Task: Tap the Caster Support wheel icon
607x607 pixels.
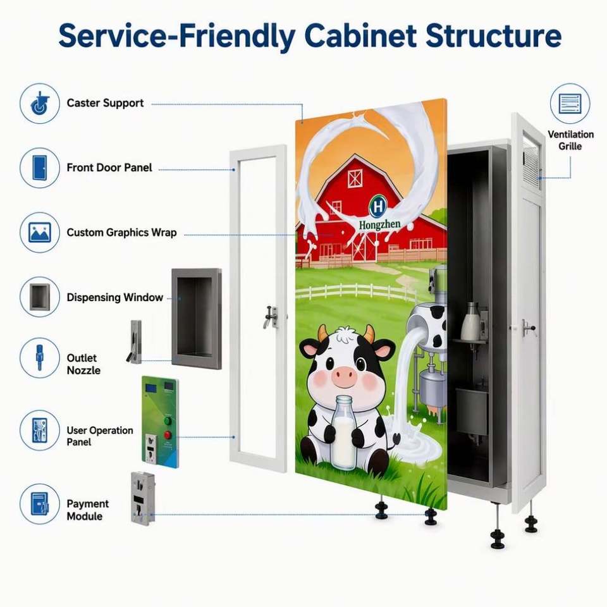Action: point(39,103)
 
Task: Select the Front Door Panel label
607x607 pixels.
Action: point(109,168)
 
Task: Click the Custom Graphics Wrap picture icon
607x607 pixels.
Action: point(39,232)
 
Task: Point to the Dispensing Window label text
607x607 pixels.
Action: point(115,297)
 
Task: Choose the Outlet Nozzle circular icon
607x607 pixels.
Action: point(39,358)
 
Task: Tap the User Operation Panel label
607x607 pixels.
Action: point(100,436)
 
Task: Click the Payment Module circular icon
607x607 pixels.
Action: point(39,504)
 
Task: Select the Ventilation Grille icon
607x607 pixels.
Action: point(570,103)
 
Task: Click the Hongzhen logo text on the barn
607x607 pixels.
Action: point(380,224)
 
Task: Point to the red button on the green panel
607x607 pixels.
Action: point(168,435)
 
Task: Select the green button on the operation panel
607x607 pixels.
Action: point(168,420)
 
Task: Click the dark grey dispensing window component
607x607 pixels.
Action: point(197,319)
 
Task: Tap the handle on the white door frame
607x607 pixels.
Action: point(271,316)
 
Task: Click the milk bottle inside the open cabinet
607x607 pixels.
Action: point(470,321)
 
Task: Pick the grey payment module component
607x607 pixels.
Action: point(143,498)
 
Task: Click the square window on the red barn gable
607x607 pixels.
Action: point(355,179)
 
